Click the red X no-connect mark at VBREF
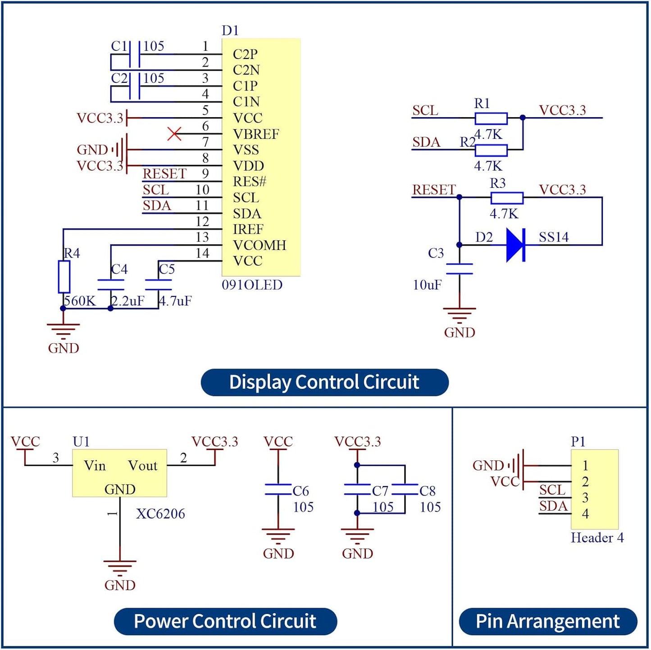click(x=174, y=134)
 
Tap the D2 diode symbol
click(x=515, y=245)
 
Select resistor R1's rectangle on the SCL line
click(x=491, y=118)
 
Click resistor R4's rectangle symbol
click(x=64, y=277)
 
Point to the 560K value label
click(x=80, y=301)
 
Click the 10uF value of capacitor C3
click(x=427, y=285)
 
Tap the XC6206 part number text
click(x=160, y=514)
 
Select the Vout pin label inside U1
click(x=142, y=466)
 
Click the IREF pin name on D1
click(x=248, y=229)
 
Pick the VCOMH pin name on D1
click(x=259, y=245)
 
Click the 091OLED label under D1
click(x=252, y=285)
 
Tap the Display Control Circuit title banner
click(x=325, y=382)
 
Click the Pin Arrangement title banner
click(x=548, y=621)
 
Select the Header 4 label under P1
click(x=597, y=537)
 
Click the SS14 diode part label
click(x=554, y=237)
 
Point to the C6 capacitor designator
click(x=300, y=491)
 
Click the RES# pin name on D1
click(x=250, y=182)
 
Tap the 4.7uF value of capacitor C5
click(x=175, y=301)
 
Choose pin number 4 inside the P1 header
click(x=586, y=514)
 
